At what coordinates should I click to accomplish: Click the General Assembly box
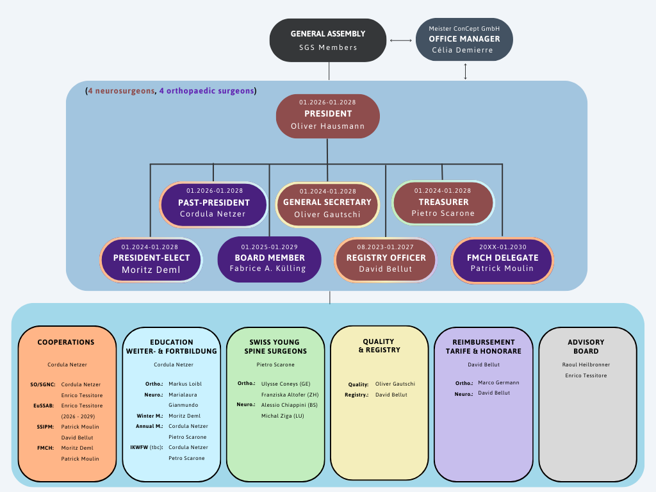328,40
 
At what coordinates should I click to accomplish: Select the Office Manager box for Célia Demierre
464,39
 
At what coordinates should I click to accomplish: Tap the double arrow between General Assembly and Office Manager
401,40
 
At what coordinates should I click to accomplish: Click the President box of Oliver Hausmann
327,116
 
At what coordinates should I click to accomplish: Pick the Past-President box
213,204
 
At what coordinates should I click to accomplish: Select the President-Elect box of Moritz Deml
151,259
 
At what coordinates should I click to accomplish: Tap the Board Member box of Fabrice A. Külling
269,259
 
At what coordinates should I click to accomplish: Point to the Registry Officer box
386,259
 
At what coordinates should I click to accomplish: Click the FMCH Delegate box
503,259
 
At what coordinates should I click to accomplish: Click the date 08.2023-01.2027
386,247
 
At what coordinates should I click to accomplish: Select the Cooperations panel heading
66,342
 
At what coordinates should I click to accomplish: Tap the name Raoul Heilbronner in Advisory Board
587,365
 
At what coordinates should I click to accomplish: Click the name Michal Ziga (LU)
283,416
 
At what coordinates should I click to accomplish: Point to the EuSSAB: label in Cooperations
44,406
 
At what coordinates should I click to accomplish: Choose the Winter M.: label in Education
149,416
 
